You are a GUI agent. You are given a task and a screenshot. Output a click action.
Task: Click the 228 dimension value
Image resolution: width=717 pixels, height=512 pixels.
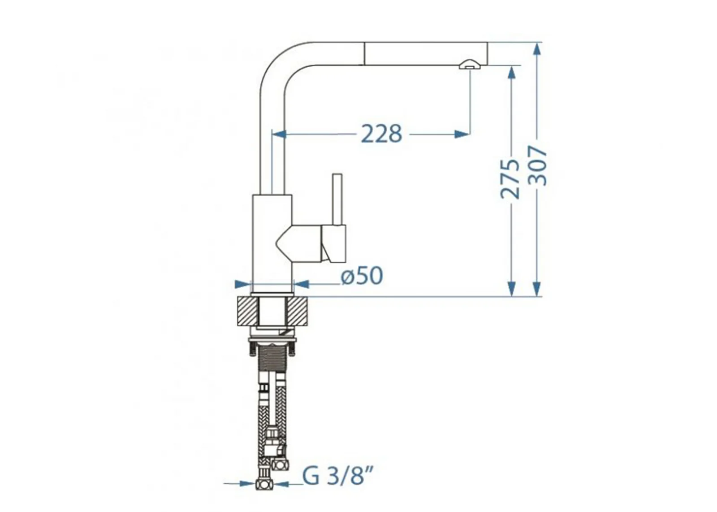pos(381,134)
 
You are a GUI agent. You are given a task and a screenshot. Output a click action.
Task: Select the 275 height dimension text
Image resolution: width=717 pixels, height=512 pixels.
pos(510,179)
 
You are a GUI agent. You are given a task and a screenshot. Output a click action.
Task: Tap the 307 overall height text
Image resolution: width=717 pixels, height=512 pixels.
pos(537,165)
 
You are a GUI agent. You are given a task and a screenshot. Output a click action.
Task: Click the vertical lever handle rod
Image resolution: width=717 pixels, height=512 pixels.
pos(337,200)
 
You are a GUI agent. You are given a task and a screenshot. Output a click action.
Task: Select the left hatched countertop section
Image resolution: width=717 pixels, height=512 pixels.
pos(247,311)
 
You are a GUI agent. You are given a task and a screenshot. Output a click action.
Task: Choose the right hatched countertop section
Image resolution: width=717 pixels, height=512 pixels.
pos(297,311)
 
